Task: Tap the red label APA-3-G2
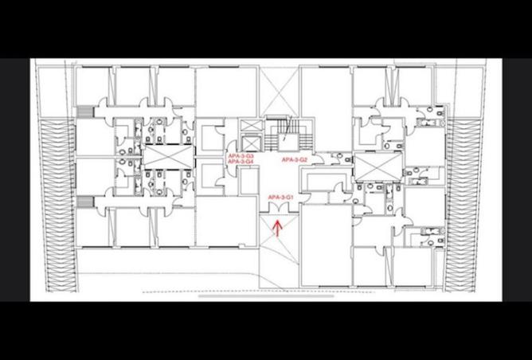coord(295,160)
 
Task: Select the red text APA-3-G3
coord(240,155)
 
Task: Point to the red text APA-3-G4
coord(240,162)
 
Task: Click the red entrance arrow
coord(277,229)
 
